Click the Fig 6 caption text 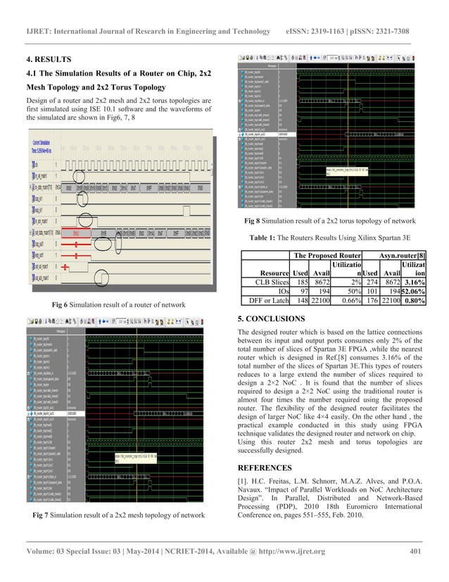(119, 304)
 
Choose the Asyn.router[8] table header (399, 256)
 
